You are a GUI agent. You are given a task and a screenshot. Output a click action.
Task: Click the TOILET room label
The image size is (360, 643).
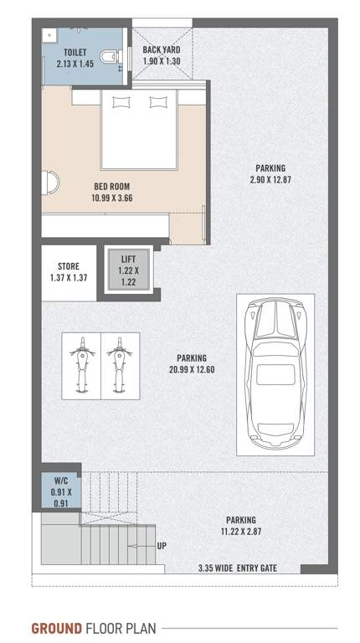point(64,52)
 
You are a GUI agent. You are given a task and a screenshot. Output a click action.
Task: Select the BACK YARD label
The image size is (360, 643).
point(161,50)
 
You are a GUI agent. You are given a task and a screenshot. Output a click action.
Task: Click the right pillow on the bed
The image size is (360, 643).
point(158,103)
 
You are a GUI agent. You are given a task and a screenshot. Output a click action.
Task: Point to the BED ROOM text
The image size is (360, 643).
point(111,186)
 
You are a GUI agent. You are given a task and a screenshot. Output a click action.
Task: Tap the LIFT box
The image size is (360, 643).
point(127,270)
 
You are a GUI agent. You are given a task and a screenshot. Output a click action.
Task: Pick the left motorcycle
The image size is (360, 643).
point(82,364)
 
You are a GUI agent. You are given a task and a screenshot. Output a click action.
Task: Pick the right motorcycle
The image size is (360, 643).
point(119,364)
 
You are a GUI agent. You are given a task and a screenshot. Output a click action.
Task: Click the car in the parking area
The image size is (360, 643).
point(275,373)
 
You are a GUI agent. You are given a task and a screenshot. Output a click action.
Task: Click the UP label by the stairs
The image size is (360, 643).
point(162,546)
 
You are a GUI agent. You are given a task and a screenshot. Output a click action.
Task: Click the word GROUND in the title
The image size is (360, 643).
point(56,627)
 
